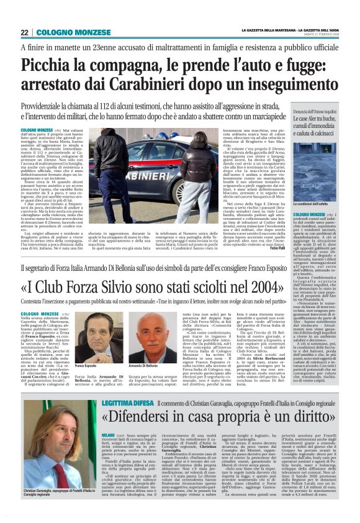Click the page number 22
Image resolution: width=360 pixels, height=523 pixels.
point(25,32)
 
